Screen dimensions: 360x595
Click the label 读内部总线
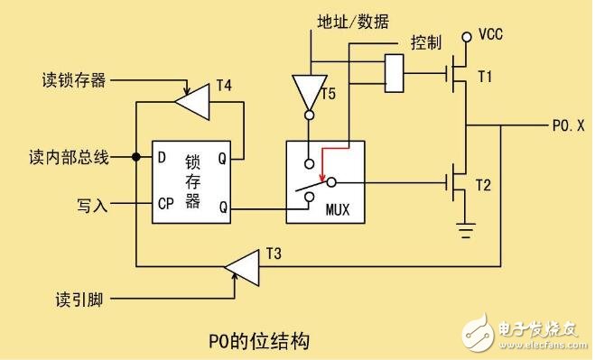pos(68,158)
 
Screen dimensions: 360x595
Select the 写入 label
pos(91,206)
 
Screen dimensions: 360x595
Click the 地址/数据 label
pos(353,22)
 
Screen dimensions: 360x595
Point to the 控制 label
pos(425,42)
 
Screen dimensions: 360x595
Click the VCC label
pos(491,36)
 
